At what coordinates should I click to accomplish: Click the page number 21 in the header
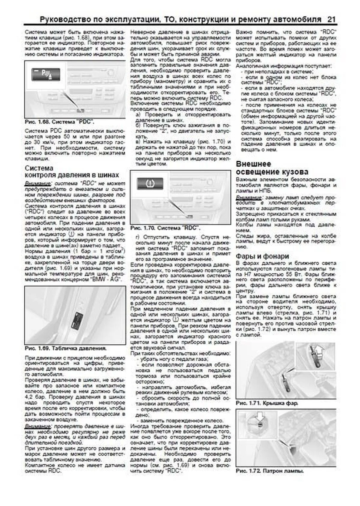point(331,19)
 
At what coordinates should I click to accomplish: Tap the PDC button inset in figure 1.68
point(46,74)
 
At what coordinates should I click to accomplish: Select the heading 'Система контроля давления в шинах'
point(72,171)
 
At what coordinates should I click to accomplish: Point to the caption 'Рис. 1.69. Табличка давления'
point(66,348)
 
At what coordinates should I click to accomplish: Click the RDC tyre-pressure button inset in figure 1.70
point(150,183)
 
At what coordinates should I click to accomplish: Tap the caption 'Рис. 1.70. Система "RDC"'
point(165,228)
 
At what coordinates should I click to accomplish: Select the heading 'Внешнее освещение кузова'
point(272,168)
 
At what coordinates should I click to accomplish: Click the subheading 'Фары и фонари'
point(262,256)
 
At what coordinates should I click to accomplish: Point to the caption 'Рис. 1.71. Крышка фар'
point(267,403)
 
